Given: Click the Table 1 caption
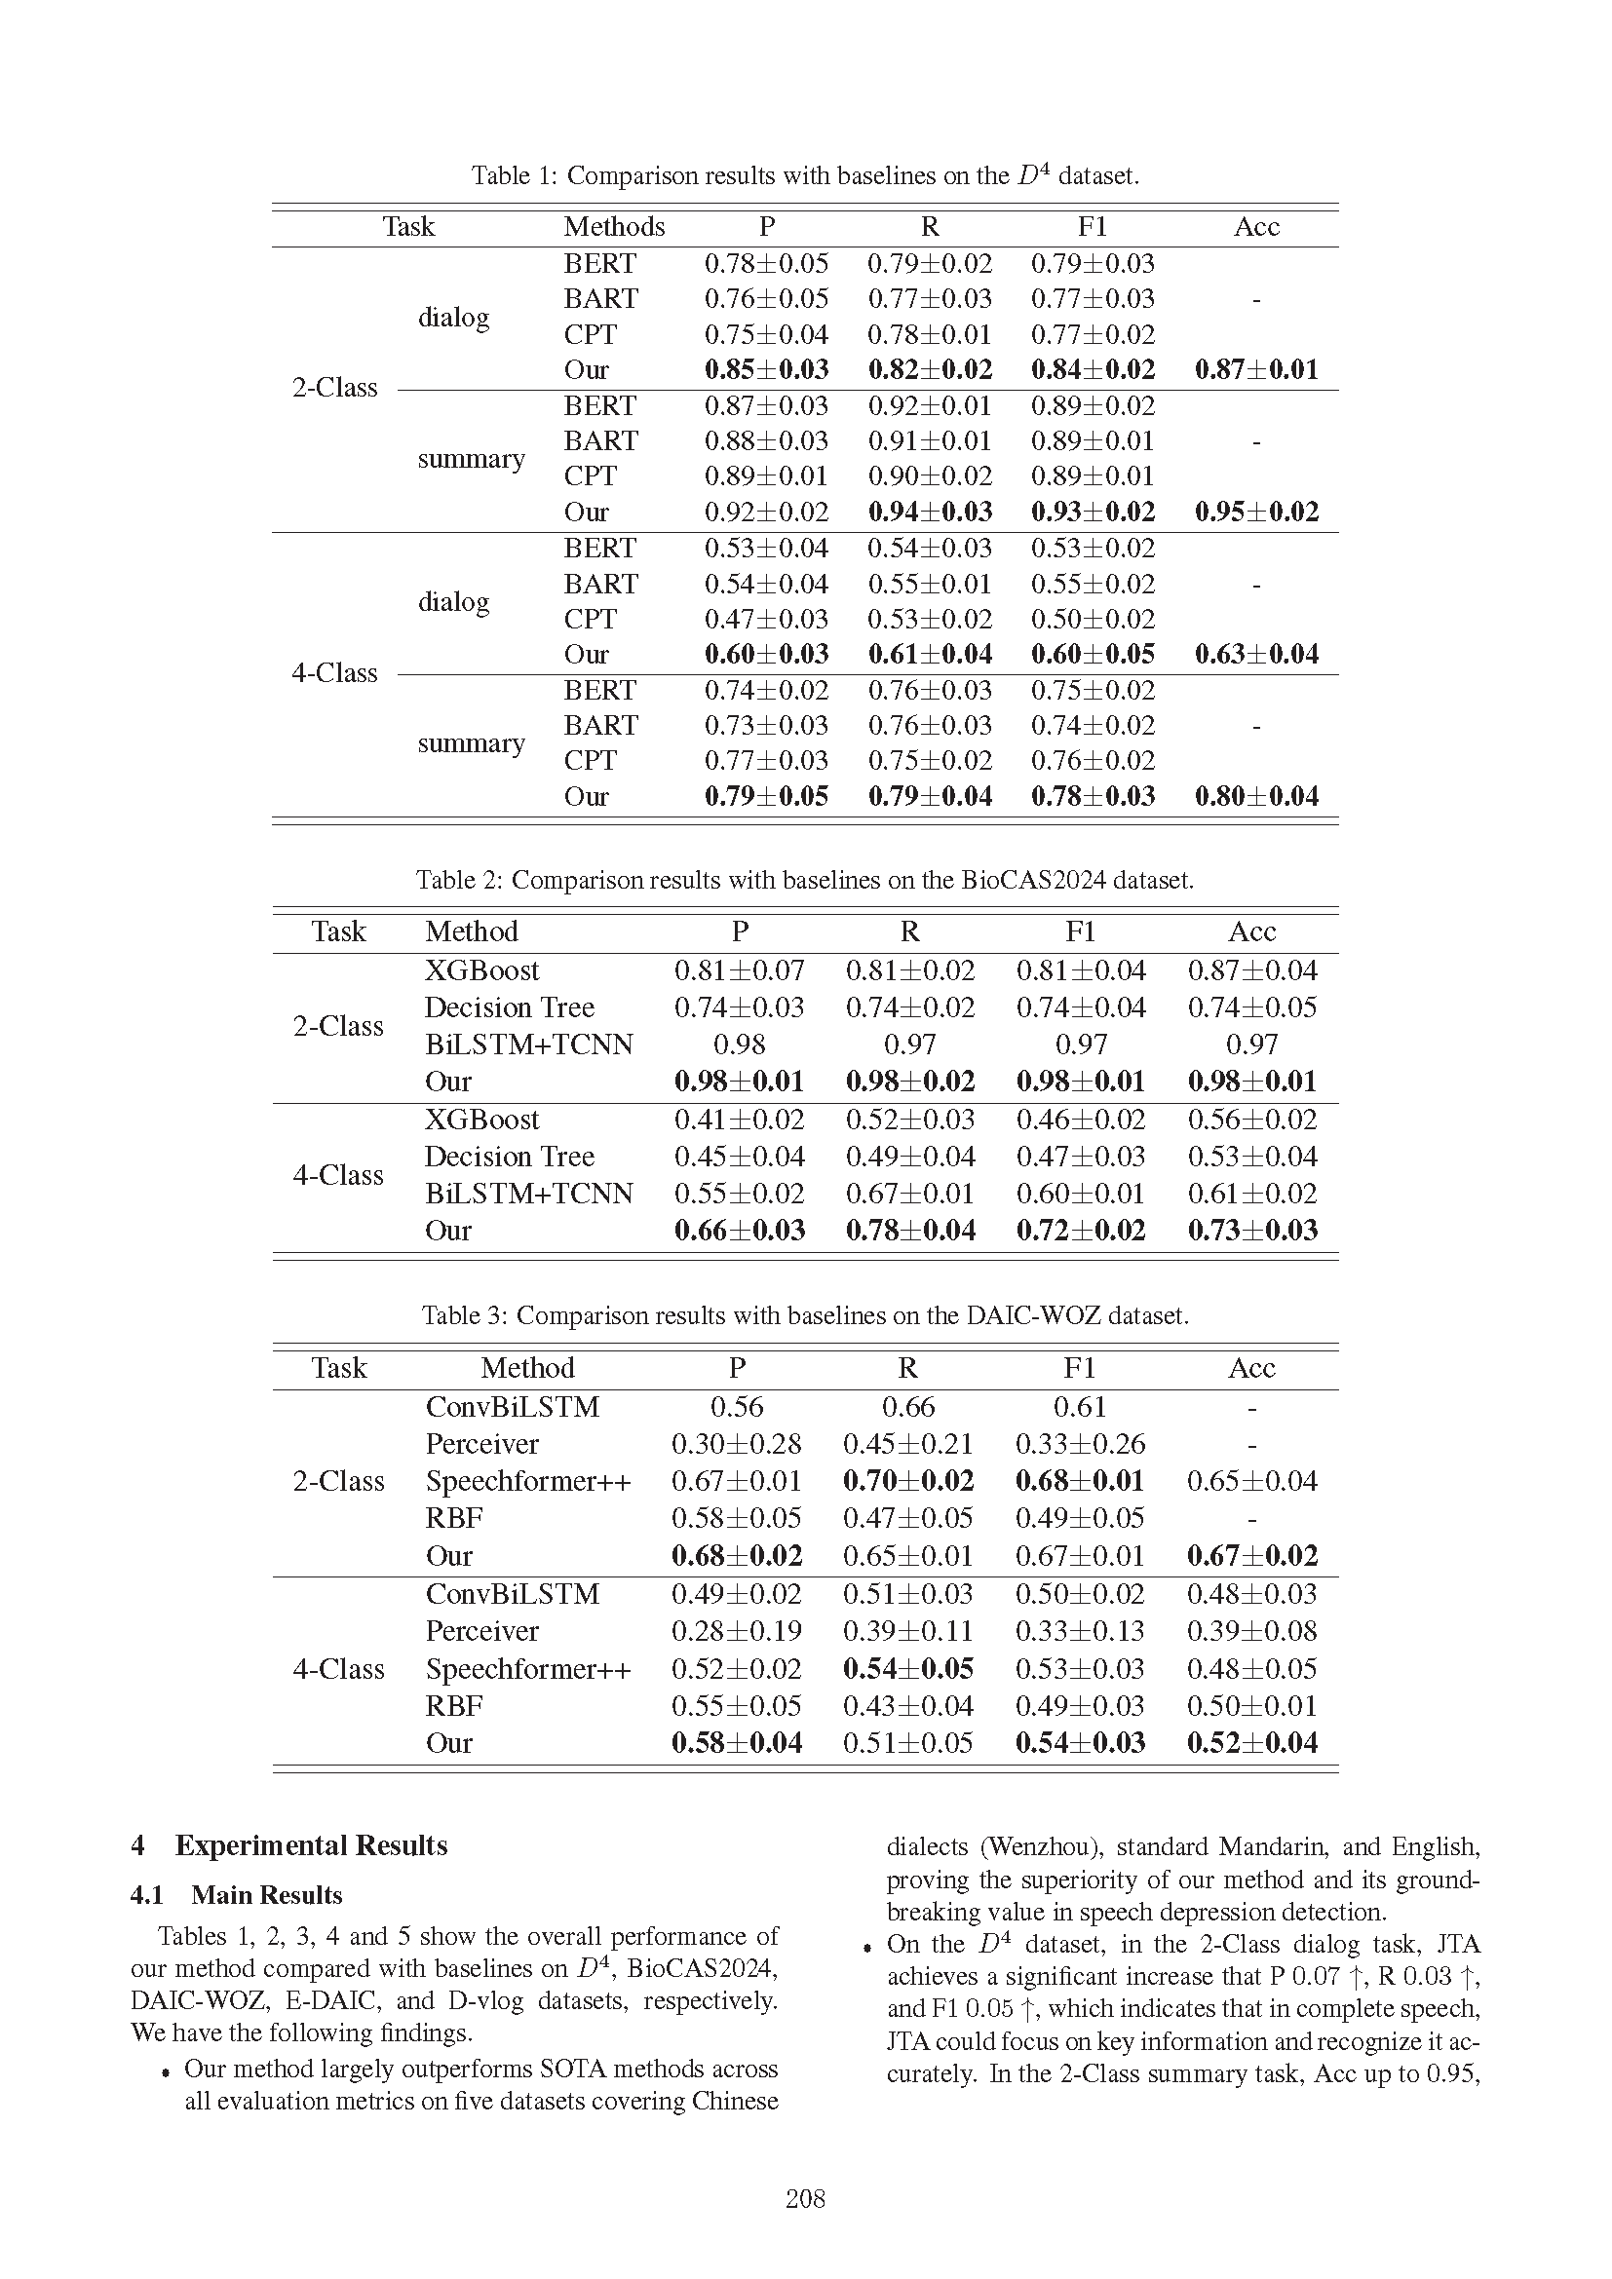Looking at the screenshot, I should tap(805, 175).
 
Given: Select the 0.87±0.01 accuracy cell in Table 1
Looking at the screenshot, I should tap(1255, 370).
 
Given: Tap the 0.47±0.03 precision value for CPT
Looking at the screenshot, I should tap(765, 620).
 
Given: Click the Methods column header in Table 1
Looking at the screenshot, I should tap(613, 227).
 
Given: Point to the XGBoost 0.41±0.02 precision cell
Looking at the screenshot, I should tap(739, 1120).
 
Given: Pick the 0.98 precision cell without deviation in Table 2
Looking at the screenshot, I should tap(739, 1045).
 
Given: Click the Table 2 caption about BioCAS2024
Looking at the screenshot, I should tap(805, 881).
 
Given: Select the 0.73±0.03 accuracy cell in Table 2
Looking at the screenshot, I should tap(1251, 1231).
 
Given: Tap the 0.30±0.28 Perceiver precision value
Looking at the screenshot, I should tap(736, 1444).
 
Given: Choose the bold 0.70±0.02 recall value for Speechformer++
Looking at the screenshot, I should tap(907, 1481).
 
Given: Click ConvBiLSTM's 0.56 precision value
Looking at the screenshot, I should tap(736, 1408).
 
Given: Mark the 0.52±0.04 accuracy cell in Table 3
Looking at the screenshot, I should tap(1251, 1743).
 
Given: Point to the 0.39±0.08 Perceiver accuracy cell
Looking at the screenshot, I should tap(1251, 1631).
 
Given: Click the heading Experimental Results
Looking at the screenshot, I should tap(311, 1845).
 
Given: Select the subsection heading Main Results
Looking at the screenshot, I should tap(266, 1895).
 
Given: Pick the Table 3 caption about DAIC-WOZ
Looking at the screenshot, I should tap(805, 1316).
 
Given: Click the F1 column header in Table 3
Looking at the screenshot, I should tap(1079, 1369).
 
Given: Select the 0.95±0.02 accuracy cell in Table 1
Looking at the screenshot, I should tap(1255, 513).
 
